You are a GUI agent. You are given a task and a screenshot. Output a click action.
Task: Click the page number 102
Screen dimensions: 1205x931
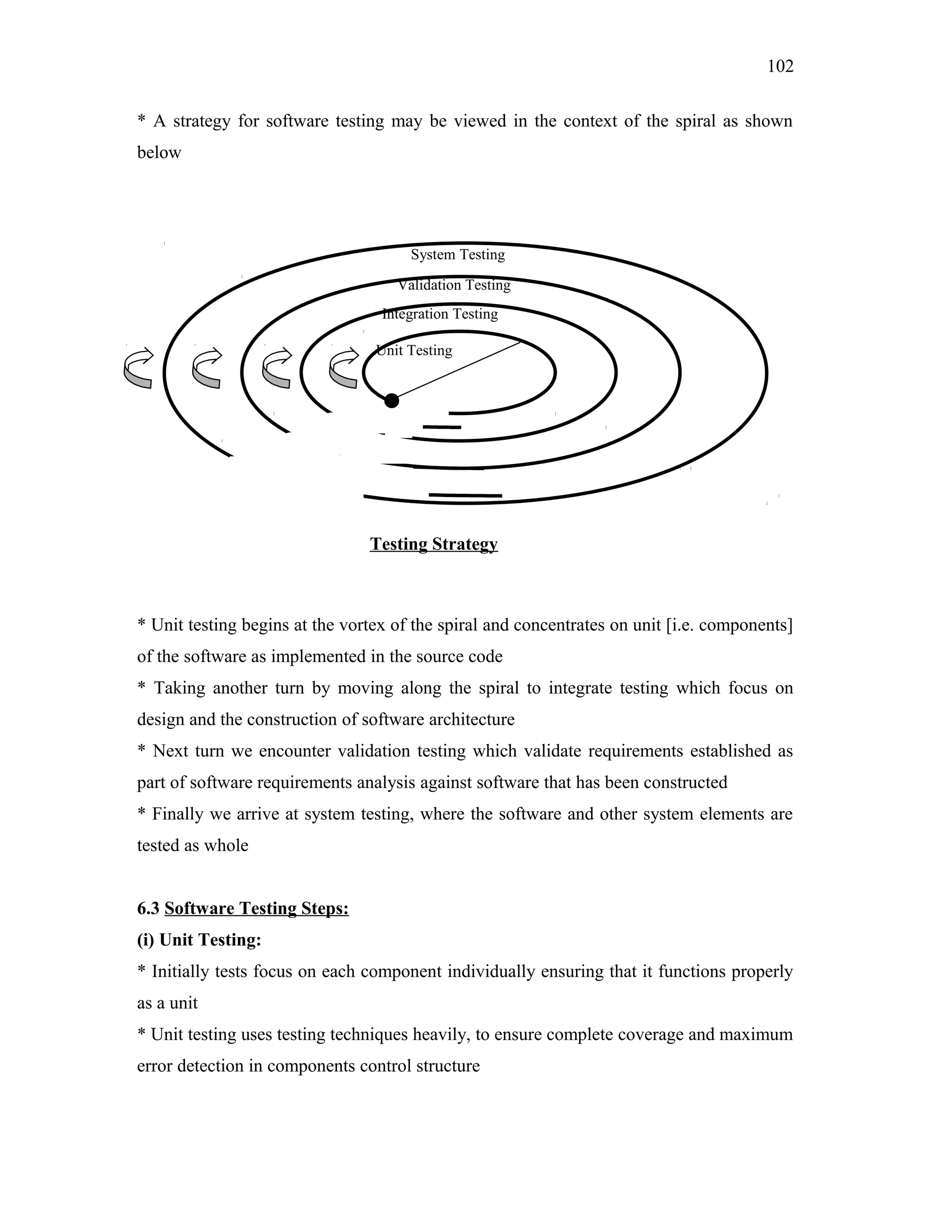point(780,67)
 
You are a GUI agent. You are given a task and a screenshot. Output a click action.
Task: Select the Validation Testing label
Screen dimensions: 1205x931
point(455,285)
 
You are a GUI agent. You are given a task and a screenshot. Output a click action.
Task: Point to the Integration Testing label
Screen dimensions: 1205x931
point(440,314)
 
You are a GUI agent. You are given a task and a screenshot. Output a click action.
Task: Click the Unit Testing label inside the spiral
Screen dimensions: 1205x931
point(414,350)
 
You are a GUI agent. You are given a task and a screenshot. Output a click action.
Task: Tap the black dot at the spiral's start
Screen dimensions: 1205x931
point(391,401)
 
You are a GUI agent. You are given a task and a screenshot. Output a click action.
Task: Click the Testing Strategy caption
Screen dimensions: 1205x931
point(434,544)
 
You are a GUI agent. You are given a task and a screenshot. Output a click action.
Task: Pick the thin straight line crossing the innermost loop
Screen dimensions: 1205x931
point(458,370)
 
